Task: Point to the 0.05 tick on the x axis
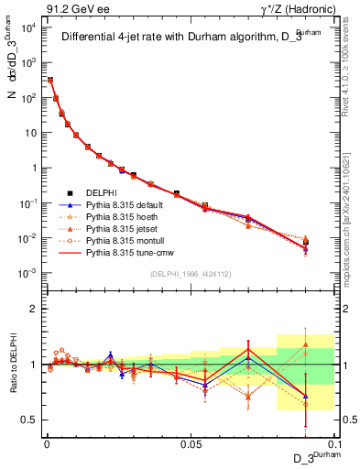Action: (191, 443)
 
